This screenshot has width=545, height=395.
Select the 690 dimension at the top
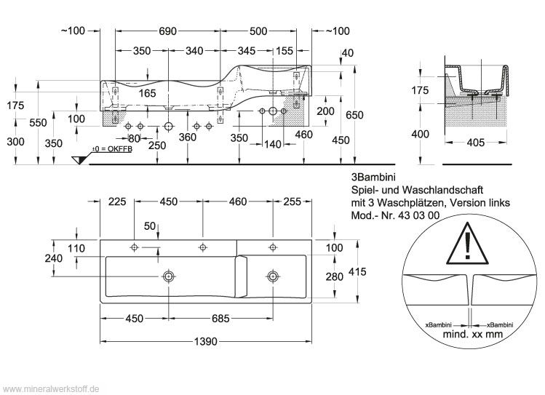click(167, 31)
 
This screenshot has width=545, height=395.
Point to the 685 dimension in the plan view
click(221, 319)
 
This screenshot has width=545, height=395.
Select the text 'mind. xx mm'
click(473, 334)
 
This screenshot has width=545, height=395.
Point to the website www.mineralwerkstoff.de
click(52, 388)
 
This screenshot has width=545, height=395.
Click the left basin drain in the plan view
click(169, 276)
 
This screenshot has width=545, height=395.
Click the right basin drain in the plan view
click(274, 276)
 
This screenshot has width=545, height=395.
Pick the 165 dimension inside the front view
click(148, 92)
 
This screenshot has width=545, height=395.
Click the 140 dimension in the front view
click(273, 145)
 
